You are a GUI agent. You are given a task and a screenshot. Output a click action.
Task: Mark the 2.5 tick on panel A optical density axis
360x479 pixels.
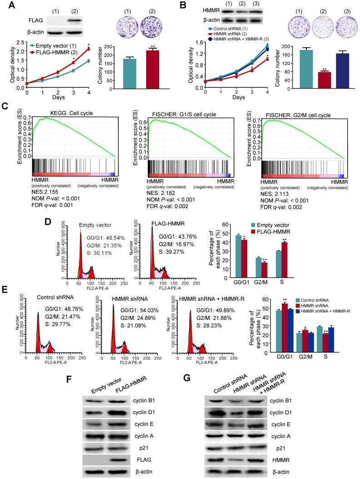[x=22, y=42]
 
